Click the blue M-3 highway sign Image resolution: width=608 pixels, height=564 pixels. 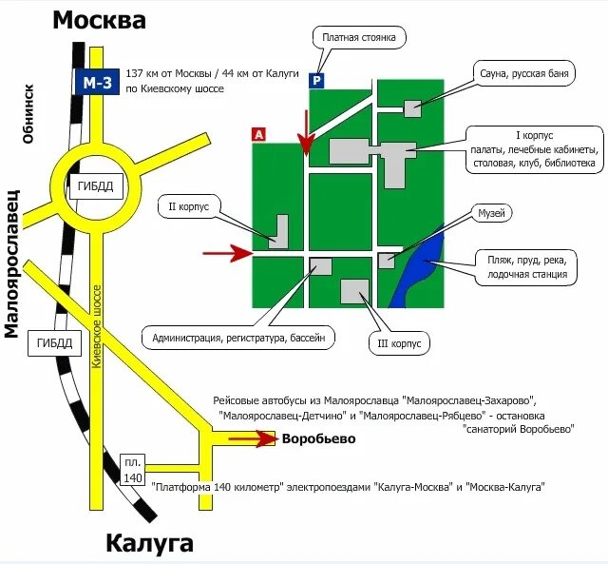tap(96, 84)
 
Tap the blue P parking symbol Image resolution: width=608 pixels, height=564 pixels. tap(316, 82)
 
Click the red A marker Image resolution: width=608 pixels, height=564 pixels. tap(258, 134)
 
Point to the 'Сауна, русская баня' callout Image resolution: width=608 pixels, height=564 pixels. tap(524, 73)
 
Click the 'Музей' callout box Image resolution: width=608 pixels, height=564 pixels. tap(491, 212)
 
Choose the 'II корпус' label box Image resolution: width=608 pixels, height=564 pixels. tap(195, 205)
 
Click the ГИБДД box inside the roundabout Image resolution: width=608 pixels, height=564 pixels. tap(96, 186)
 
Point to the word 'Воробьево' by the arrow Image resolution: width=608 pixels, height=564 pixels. tap(317, 438)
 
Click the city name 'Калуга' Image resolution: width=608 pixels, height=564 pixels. tap(149, 544)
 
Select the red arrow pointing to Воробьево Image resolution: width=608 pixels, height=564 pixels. tap(252, 438)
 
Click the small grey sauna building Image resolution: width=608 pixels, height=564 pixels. tap(412, 107)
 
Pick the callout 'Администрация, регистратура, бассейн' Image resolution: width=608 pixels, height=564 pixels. tap(238, 337)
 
